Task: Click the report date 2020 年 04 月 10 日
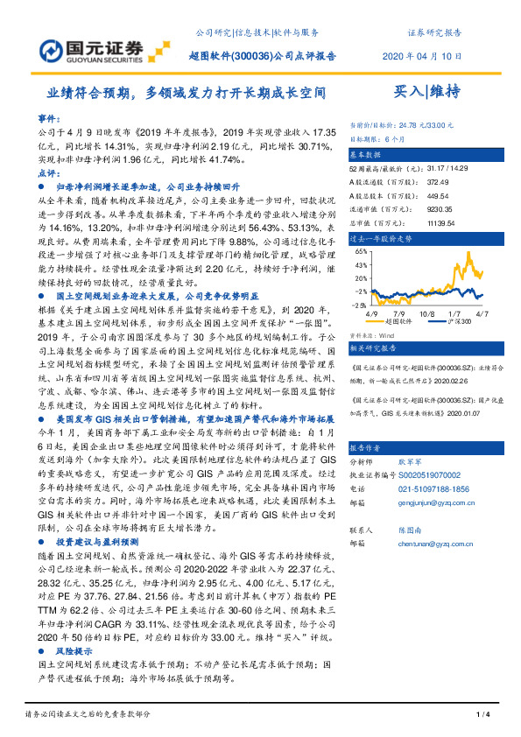(x=422, y=56)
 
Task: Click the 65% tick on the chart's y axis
(x=360, y=249)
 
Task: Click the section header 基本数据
(x=368, y=153)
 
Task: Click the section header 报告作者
(x=368, y=446)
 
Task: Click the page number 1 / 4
(x=482, y=717)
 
